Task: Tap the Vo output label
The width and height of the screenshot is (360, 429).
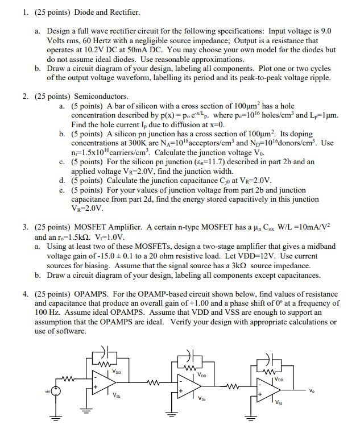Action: (x=311, y=390)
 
